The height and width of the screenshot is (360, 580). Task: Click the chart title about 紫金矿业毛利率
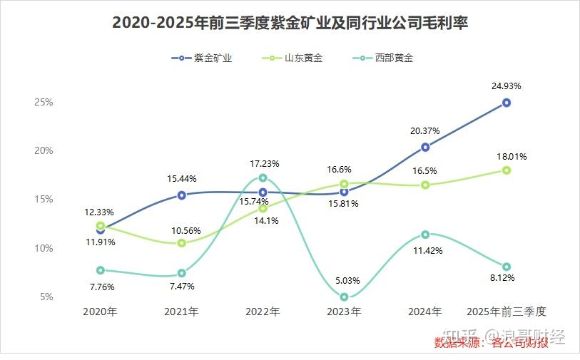(290, 23)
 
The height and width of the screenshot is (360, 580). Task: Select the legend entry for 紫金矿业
(203, 58)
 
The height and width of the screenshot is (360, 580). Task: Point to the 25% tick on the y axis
(44, 102)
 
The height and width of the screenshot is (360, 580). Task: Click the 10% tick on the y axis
(44, 248)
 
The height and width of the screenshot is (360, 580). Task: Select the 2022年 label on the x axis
(263, 312)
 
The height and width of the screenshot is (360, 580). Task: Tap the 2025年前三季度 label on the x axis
(506, 312)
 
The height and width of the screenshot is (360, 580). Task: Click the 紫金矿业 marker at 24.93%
(507, 103)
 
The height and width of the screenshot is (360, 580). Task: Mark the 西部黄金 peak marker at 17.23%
(263, 178)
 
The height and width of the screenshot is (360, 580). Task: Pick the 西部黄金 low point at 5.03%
(344, 297)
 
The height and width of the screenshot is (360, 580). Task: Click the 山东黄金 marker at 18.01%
(507, 170)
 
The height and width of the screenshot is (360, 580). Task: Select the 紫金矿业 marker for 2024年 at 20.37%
(425, 147)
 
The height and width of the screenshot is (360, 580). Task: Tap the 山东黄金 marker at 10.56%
(182, 243)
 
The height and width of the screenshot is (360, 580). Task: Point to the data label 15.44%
(182, 178)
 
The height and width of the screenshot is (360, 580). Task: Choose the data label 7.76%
(101, 287)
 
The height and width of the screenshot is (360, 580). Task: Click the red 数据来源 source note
(492, 344)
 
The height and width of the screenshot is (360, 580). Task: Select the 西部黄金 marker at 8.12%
(507, 267)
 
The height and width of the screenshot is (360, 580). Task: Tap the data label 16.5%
(425, 171)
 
